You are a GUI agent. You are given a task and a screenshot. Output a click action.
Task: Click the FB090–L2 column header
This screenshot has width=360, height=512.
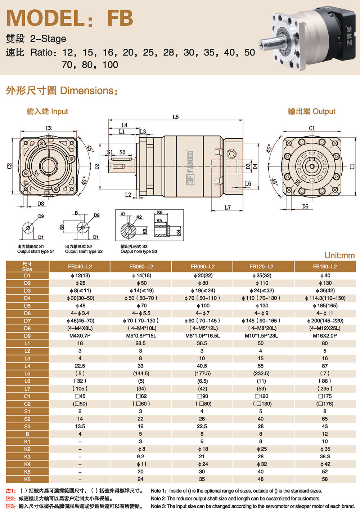202,267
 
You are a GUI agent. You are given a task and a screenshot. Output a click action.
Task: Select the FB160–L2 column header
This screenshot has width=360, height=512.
325,267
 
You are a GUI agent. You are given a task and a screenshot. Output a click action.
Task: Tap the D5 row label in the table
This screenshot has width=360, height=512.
27,306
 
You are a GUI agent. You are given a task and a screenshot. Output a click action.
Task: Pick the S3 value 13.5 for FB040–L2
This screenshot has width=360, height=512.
80,426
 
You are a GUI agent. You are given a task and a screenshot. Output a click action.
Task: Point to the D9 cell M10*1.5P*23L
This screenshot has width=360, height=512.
261,336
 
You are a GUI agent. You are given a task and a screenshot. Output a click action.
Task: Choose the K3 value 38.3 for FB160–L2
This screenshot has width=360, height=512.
325,457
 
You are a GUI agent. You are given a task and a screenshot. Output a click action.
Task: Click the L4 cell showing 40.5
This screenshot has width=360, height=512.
202,366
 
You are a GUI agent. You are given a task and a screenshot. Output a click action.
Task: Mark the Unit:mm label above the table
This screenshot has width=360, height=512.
339,255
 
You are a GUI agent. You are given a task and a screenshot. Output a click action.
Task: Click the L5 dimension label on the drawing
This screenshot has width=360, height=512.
175,117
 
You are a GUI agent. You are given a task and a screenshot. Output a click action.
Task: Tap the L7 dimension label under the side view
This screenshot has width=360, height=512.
228,208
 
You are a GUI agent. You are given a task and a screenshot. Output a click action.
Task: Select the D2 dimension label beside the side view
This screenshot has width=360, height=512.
97,166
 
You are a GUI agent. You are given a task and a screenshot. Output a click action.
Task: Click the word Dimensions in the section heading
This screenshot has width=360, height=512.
87,91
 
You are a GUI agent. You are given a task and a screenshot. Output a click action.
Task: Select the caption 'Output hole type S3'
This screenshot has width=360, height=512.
139,251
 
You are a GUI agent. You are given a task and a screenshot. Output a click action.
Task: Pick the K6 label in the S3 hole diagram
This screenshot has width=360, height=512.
160,213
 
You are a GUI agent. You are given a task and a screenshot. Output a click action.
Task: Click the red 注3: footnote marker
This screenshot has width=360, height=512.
11,506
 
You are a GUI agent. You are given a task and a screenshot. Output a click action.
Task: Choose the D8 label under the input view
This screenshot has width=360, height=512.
41,204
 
